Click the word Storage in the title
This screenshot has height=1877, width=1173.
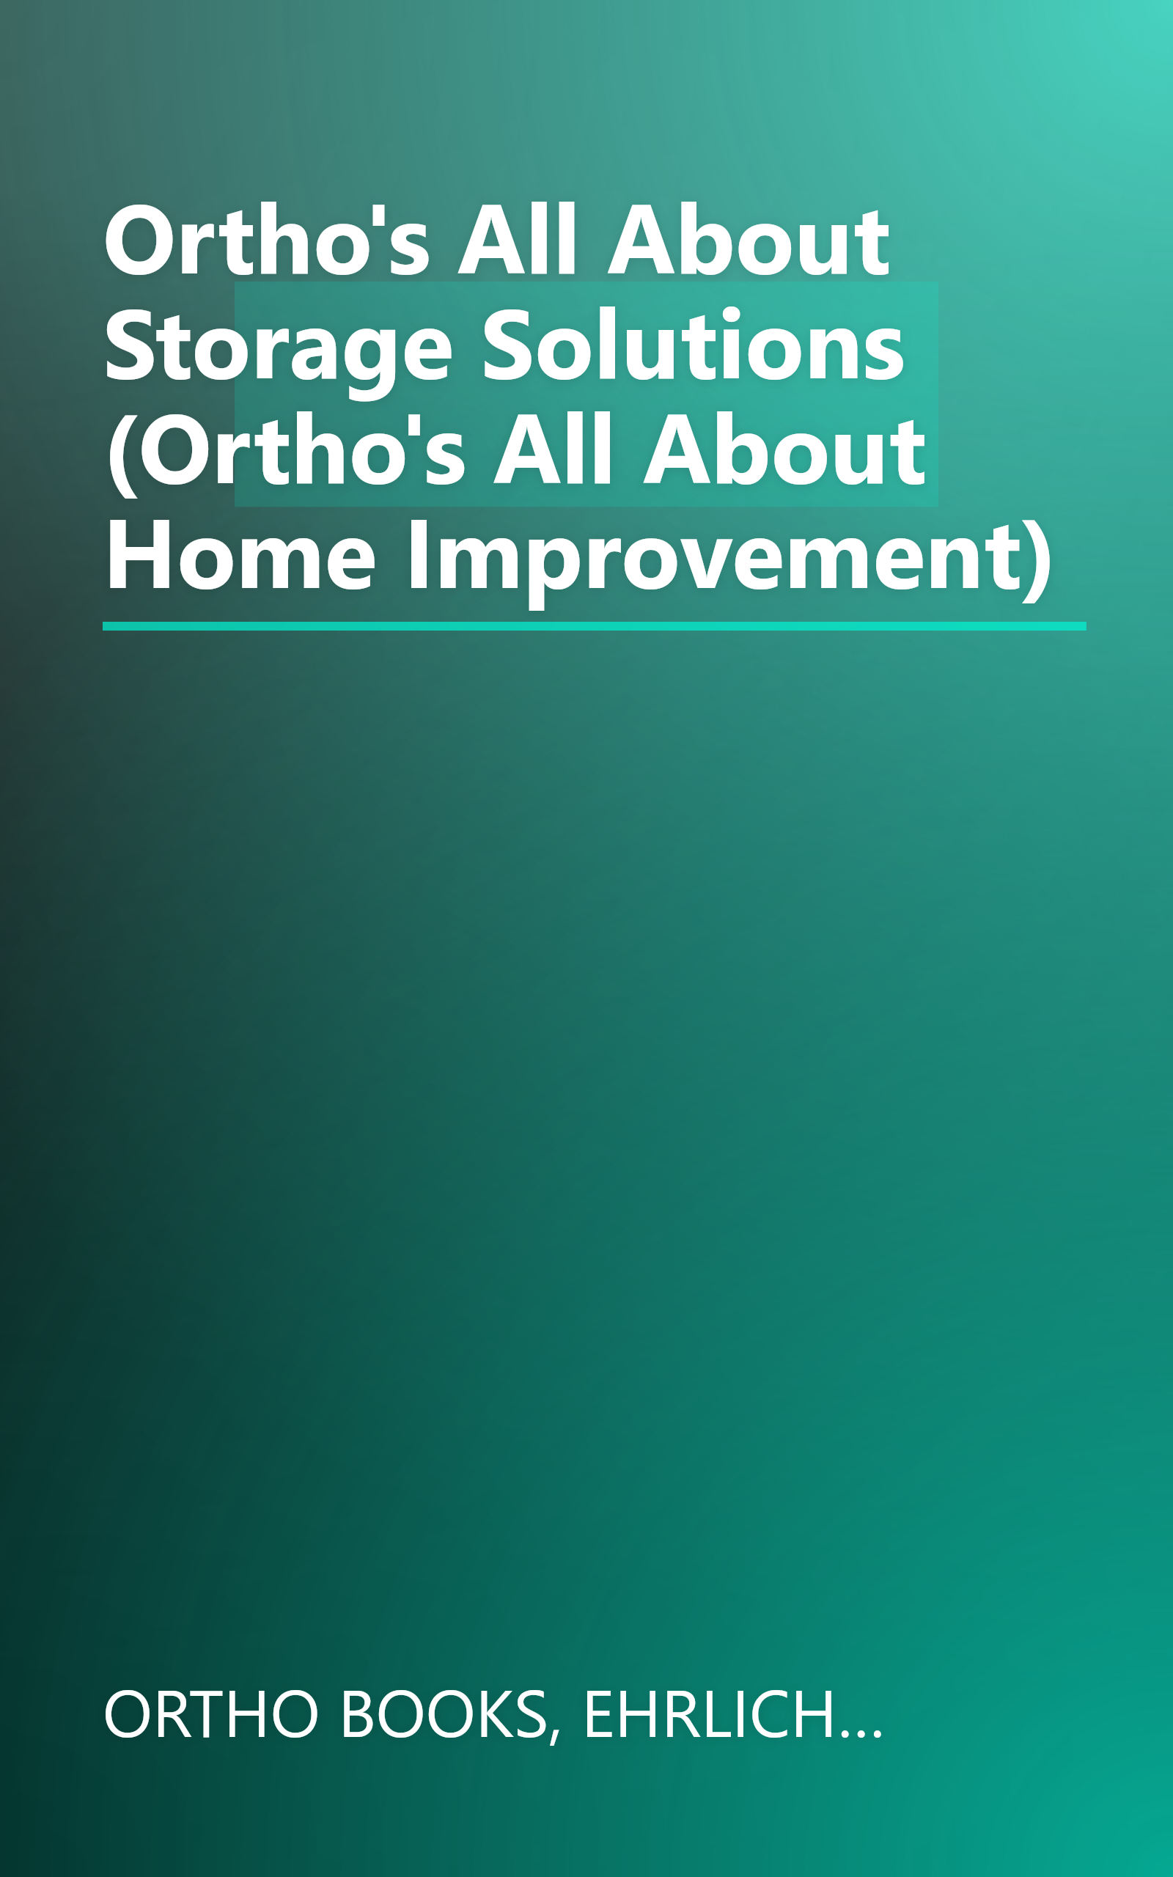coord(277,347)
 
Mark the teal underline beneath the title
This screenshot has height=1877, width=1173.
coord(594,626)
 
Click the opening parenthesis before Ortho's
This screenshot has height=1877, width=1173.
coord(121,453)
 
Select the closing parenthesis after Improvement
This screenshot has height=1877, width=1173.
coord(1038,559)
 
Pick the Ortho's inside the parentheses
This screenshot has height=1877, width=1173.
coord(303,452)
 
